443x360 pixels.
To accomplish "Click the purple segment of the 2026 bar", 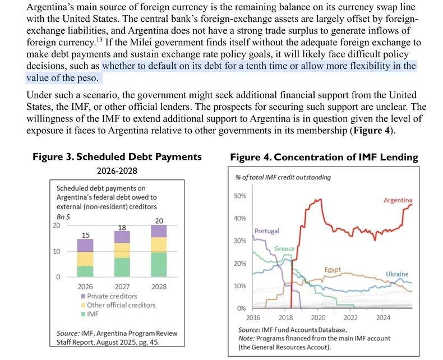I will click(x=85, y=245).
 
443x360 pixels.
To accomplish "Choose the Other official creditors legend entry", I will click(x=121, y=305).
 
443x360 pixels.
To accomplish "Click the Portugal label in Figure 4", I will click(x=266, y=231).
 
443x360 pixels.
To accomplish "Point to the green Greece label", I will click(x=284, y=248).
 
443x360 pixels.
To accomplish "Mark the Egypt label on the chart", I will click(x=333, y=270).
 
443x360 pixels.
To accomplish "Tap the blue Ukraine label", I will click(x=396, y=274).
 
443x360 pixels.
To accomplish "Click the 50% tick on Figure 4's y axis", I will click(x=239, y=196).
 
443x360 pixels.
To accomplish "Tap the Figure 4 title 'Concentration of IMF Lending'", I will click(x=324, y=157).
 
